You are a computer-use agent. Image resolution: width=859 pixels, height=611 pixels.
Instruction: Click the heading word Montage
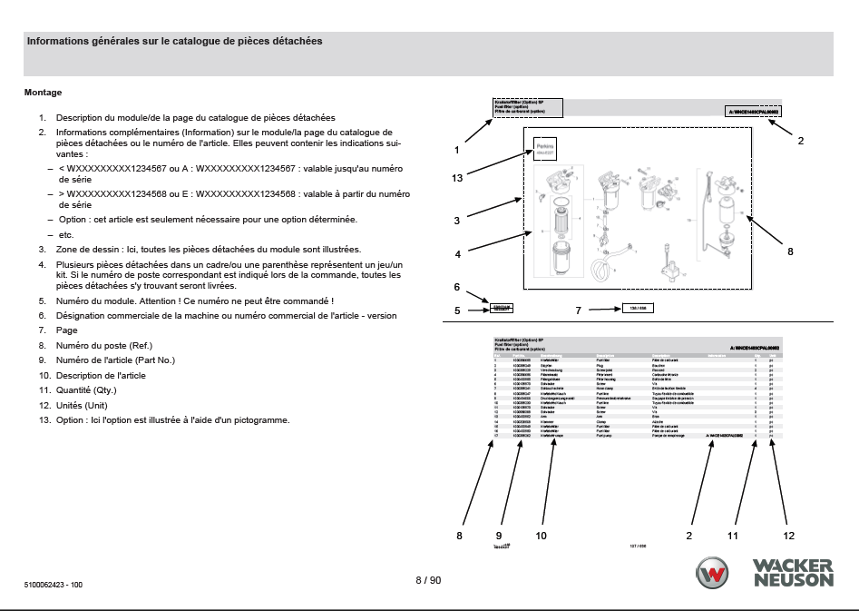click(x=43, y=92)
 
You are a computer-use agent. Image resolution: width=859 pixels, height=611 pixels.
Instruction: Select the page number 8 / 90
click(x=428, y=580)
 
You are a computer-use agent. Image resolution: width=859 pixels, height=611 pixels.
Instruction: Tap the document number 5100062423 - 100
click(x=54, y=584)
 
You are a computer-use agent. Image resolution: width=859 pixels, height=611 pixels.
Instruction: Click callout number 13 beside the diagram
click(x=457, y=178)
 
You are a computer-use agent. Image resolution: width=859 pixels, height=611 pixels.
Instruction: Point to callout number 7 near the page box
click(x=578, y=310)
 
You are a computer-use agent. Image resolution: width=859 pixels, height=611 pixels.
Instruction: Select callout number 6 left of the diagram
click(x=457, y=287)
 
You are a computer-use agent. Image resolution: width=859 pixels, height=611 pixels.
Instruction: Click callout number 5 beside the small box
click(x=457, y=310)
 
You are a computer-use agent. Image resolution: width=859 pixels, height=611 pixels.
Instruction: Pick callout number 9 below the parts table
click(x=498, y=536)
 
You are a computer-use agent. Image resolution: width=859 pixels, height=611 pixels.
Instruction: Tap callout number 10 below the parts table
click(x=542, y=536)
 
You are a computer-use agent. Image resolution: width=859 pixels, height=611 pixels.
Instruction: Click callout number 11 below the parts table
click(x=733, y=536)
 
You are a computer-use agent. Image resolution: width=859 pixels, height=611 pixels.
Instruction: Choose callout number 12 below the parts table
click(x=789, y=536)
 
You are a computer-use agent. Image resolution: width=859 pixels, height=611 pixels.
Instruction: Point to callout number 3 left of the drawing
click(x=457, y=220)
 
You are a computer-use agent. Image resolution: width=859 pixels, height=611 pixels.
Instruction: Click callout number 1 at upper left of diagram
click(x=457, y=149)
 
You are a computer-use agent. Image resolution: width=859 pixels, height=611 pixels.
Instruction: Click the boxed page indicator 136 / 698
click(x=638, y=309)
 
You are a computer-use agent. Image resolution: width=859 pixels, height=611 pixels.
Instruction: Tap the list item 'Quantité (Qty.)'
click(x=86, y=389)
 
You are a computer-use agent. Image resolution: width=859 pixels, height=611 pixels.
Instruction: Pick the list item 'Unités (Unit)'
click(x=82, y=404)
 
